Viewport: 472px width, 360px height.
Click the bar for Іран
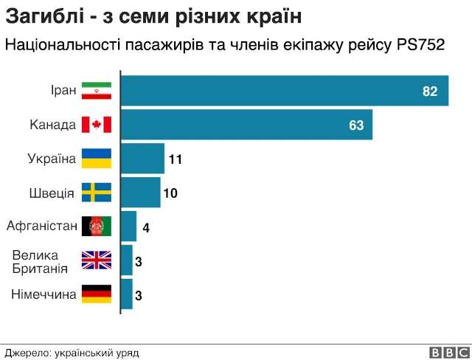[284, 91]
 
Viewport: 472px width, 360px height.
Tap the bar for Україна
[142, 159]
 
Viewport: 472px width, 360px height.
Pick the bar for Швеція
[140, 193]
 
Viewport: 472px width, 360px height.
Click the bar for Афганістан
[128, 226]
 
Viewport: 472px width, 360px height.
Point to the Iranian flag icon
[96, 91]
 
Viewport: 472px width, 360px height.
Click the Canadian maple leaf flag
[96, 125]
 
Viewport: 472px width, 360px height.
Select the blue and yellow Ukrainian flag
[96, 159]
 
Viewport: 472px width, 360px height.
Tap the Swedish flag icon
[96, 193]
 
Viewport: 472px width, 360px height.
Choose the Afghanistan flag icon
[96, 226]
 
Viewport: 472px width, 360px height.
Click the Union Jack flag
[96, 260]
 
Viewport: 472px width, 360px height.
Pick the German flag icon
[96, 294]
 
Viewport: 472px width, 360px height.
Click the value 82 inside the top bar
[430, 91]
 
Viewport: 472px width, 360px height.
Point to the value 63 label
[356, 125]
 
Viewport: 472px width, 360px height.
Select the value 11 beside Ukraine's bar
[175, 159]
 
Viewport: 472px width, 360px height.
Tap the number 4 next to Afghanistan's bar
[146, 227]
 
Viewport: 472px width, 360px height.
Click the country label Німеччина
[44, 294]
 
